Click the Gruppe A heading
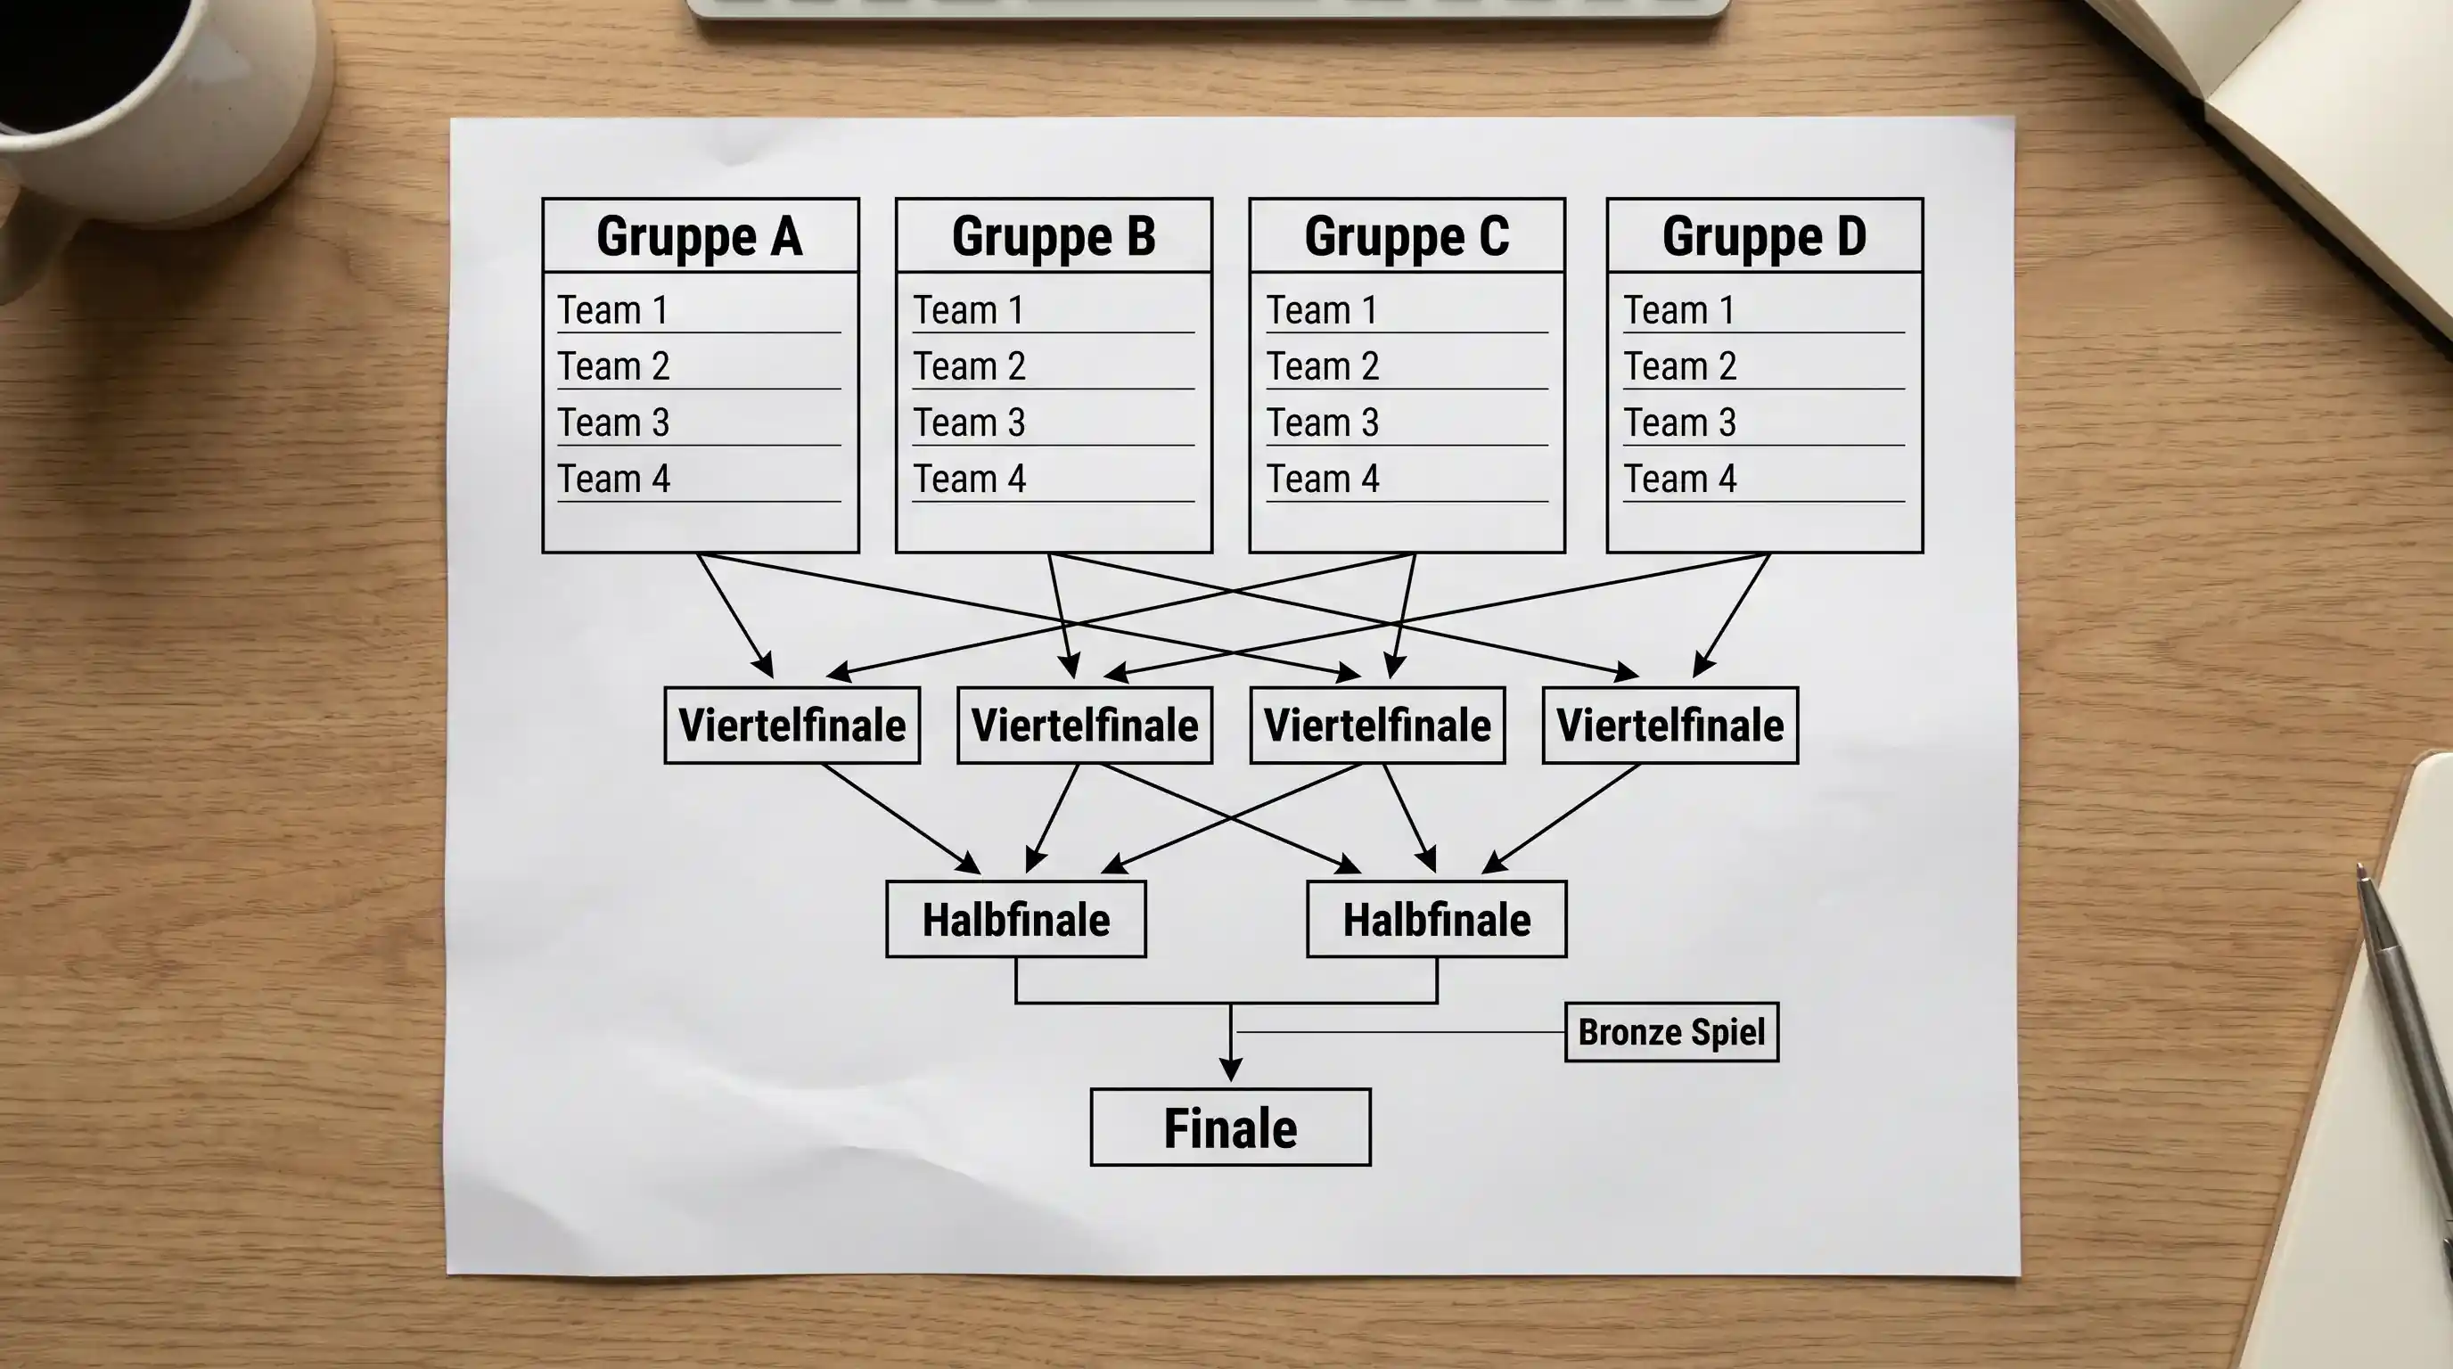pos(700,237)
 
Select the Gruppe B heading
pos(1054,237)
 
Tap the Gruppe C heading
pos(1407,237)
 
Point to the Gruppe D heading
pos(1765,237)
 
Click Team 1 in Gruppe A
pos(612,310)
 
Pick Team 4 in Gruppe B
pos(970,479)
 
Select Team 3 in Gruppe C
pos(1323,422)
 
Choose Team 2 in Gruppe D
pos(1680,366)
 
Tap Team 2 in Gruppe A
pos(613,366)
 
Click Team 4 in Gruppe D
pos(1680,479)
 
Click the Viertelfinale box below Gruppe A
pos(792,725)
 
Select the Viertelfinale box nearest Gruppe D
pos(1670,725)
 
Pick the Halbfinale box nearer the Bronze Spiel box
pos(1436,920)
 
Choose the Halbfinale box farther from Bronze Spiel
pos(1016,920)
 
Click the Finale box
pos(1230,1128)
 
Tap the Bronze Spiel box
pos(1671,1032)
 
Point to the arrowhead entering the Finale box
pos(1230,1070)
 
